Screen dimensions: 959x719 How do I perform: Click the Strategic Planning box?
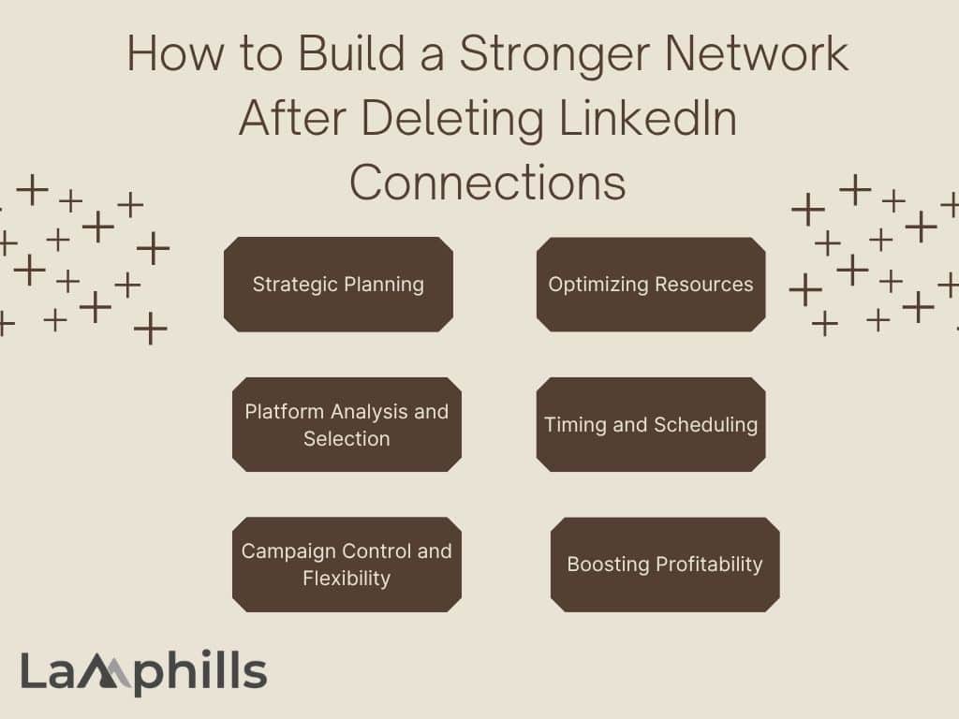338,285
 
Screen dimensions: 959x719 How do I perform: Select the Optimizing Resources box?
651,285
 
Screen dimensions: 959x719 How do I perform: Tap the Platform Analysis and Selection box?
347,424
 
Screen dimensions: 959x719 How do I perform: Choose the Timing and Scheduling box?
651,424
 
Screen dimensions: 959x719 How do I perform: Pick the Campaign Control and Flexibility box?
347,565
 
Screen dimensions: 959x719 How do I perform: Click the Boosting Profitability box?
665,565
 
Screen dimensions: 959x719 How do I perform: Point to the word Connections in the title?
487,183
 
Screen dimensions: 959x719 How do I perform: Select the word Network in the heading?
757,53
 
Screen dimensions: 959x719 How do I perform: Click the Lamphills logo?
143,672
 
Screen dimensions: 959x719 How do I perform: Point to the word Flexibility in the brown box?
347,579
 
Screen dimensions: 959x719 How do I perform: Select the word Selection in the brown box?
347,438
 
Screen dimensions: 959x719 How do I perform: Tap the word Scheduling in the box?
705,425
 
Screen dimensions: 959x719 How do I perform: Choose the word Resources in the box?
704,285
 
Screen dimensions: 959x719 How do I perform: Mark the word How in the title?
175,53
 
